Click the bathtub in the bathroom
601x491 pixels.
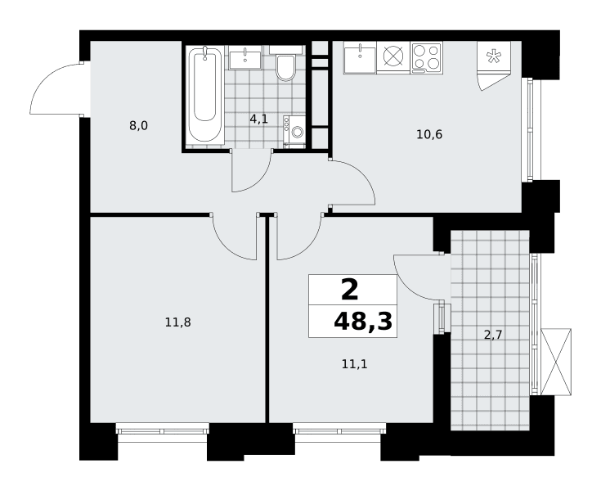click(x=204, y=96)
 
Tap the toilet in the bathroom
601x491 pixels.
click(x=285, y=64)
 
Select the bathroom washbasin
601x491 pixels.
click(x=245, y=57)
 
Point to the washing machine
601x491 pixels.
click(x=294, y=132)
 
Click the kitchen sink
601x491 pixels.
click(x=360, y=57)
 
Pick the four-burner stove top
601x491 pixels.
click(x=427, y=58)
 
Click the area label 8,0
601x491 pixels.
click(x=138, y=125)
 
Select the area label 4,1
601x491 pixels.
click(x=258, y=119)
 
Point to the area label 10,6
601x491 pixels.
click(x=429, y=135)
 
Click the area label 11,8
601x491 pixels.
click(x=178, y=322)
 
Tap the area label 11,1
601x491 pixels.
click(x=355, y=364)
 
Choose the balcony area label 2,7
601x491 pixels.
click(x=493, y=336)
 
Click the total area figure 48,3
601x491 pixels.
click(x=363, y=322)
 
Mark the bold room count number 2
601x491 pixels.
click(x=350, y=290)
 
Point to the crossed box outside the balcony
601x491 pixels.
click(x=556, y=362)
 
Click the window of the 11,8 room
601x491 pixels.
click(x=163, y=429)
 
